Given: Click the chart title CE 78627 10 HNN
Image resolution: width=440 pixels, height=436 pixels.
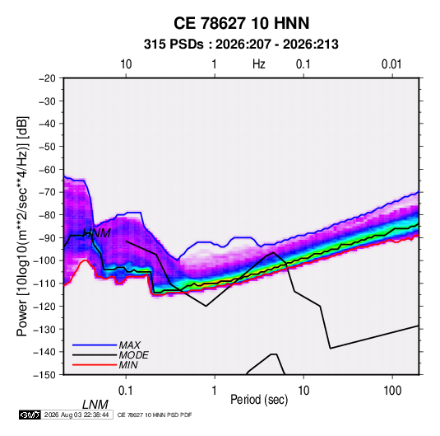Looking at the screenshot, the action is coord(241,23).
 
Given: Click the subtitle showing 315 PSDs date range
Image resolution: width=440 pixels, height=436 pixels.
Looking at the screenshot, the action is coord(241,45).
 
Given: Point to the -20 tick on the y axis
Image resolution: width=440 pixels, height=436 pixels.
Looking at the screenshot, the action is coord(47,78).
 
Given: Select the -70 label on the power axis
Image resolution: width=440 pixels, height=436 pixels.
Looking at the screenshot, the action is coord(47,192).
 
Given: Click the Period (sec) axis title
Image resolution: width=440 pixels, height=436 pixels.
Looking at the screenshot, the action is coord(259,400).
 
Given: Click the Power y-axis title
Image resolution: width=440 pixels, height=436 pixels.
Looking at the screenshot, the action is coord(22,227).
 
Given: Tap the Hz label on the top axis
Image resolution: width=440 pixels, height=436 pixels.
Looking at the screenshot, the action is coord(259,64).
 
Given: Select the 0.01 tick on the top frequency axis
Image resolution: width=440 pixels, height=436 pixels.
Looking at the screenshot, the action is coord(391,64).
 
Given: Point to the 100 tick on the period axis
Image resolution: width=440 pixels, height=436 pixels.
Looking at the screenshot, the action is coord(392,391).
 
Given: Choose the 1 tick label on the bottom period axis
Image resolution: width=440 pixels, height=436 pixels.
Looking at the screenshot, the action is coord(215,391).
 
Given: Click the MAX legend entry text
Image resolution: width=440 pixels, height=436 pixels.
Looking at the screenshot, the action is coord(130,345).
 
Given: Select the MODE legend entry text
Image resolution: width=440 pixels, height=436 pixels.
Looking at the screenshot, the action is coord(133,355).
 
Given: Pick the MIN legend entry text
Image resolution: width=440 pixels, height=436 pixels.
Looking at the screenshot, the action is coord(128,365).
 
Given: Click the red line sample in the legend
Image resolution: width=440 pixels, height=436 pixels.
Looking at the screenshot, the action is coord(95,365).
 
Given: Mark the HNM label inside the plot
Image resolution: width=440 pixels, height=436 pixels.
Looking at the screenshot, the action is coord(97,233).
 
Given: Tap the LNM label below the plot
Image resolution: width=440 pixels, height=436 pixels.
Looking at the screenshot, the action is coord(95,405).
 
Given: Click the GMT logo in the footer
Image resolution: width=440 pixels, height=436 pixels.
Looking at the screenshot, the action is coord(30,415).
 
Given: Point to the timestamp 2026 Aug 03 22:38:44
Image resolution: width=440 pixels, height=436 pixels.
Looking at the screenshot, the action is coord(76,415).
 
